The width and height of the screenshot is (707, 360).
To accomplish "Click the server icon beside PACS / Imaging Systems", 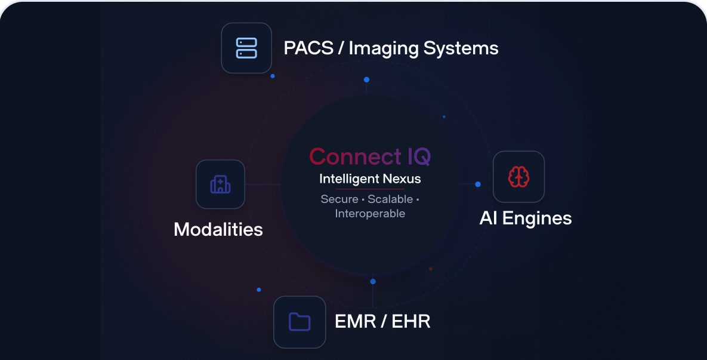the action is click(x=246, y=48).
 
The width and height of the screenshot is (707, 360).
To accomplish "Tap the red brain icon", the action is click(x=518, y=176).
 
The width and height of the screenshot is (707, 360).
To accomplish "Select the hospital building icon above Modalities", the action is click(x=221, y=184).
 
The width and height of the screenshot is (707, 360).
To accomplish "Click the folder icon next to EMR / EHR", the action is click(x=300, y=322).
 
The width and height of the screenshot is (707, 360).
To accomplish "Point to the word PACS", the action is click(x=308, y=48).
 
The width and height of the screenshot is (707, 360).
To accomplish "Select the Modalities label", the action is click(x=218, y=230).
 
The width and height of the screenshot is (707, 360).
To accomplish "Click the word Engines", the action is click(x=536, y=219).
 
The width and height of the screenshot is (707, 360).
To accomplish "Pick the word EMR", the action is click(x=356, y=322).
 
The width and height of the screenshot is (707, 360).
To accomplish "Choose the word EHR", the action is click(x=410, y=322).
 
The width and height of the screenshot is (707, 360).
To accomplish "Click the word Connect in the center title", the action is click(x=356, y=156).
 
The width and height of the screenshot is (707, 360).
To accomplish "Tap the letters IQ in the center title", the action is click(x=419, y=157).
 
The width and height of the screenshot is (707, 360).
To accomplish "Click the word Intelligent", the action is click(x=348, y=180).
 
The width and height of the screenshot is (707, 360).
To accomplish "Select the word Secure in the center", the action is click(x=339, y=199).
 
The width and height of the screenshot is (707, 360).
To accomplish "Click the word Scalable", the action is click(x=390, y=199).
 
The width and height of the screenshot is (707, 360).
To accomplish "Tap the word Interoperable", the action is click(x=370, y=213).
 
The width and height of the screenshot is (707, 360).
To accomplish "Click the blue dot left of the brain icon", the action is click(x=478, y=184).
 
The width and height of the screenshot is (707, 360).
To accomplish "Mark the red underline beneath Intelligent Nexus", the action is click(x=370, y=189).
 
